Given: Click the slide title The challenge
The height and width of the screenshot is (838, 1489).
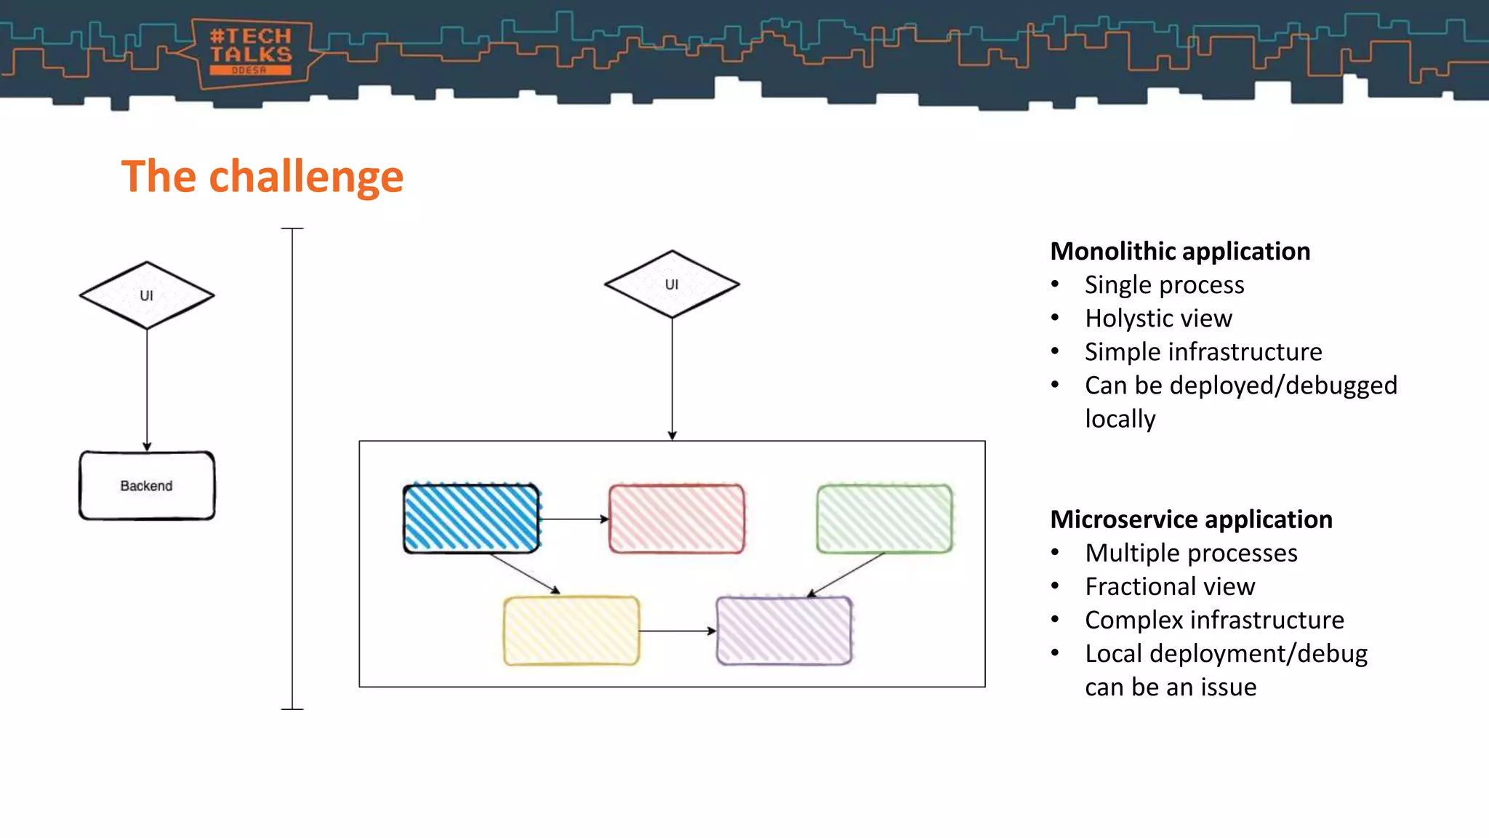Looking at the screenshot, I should (x=262, y=176).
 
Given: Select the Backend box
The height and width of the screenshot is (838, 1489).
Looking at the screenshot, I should (x=147, y=485).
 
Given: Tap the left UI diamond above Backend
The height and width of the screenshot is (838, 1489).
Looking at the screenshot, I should (x=147, y=295).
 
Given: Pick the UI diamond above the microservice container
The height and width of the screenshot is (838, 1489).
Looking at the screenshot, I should (x=672, y=284).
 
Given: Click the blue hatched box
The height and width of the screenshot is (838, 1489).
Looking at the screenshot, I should (x=471, y=519).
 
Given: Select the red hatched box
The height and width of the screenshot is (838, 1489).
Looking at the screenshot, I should (x=676, y=519).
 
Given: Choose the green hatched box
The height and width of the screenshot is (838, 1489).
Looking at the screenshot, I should (x=884, y=519).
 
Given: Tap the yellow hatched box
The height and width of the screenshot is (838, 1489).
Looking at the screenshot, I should (x=571, y=631).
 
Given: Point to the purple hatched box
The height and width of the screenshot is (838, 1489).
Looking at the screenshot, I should (x=784, y=631).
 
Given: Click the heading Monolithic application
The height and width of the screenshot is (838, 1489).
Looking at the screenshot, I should (x=1180, y=251).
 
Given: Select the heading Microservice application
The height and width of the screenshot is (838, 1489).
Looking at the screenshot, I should (x=1191, y=519).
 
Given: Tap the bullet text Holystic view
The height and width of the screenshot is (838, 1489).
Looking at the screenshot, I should (x=1158, y=319).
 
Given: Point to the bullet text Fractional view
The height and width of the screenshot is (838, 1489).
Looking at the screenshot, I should (x=1170, y=586).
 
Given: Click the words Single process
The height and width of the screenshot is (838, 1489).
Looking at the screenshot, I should (x=1164, y=285).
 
